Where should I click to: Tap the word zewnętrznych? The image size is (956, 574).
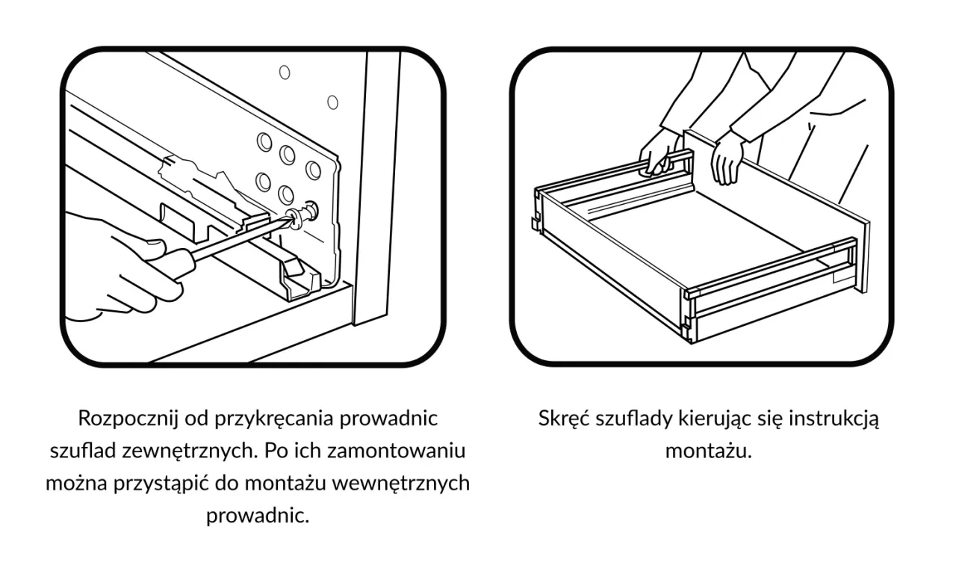click(167, 451)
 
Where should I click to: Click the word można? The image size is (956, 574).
click(75, 484)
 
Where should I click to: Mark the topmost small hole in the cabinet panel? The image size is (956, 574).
click(284, 72)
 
